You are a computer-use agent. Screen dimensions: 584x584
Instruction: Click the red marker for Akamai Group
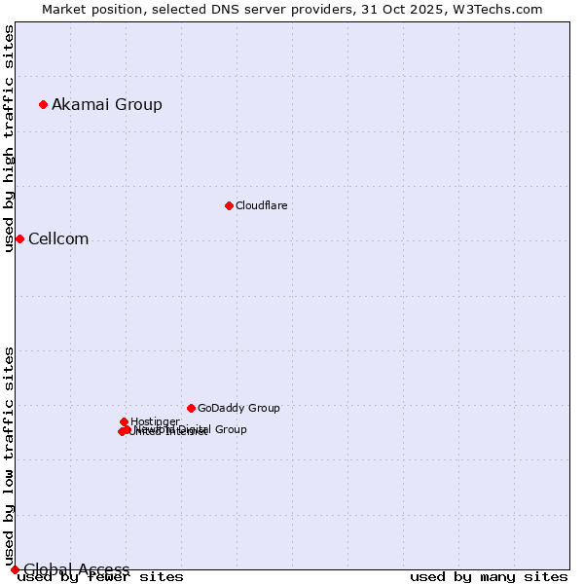[43, 104]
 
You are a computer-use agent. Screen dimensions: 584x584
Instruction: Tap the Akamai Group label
[107, 104]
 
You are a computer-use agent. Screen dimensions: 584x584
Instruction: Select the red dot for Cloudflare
[229, 205]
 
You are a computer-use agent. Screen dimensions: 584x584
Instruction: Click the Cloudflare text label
[261, 205]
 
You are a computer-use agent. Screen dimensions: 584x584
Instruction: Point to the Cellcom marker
[19, 238]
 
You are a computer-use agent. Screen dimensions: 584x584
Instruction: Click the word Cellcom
[58, 239]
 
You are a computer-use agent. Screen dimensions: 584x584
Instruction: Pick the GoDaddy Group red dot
[191, 408]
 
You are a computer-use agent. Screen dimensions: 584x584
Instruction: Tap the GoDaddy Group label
[238, 408]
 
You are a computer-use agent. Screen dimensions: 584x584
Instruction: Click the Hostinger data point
[124, 421]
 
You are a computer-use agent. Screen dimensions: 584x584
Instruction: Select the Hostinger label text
[155, 421]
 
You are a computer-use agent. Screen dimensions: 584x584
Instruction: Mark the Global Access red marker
[15, 569]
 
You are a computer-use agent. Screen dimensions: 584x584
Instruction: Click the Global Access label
[77, 569]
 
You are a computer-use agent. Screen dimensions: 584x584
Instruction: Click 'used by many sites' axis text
[489, 577]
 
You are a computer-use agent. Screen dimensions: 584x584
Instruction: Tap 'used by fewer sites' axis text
[101, 577]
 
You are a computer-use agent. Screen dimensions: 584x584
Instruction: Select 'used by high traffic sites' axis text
[10, 138]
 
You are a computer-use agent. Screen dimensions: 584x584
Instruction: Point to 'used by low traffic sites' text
[10, 456]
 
